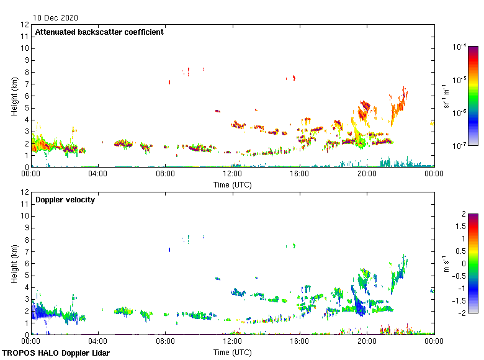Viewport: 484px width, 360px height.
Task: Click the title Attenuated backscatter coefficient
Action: click(x=99, y=32)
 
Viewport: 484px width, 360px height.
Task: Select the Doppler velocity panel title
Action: click(x=65, y=199)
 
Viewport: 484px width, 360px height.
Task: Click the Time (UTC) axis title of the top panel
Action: click(x=233, y=184)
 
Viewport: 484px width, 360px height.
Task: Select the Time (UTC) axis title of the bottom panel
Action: click(x=233, y=352)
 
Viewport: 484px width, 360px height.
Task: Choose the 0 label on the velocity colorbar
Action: click(x=463, y=263)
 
